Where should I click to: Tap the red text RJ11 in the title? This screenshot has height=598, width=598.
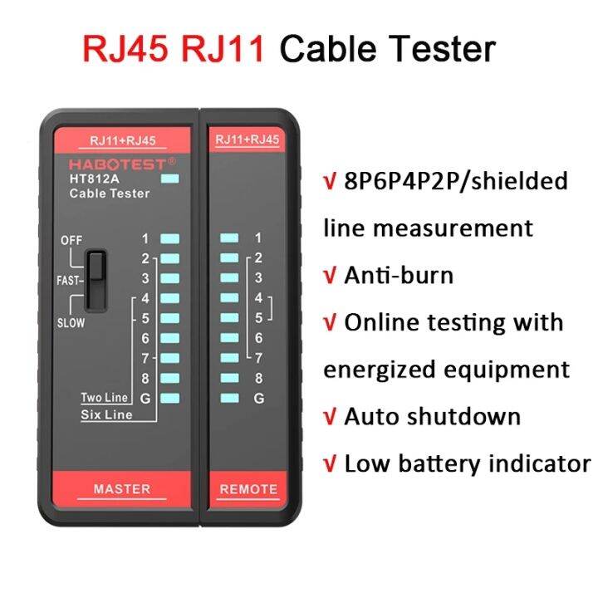click(222, 48)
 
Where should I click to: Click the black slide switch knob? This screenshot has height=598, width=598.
click(96, 267)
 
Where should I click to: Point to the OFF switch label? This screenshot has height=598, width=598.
click(71, 240)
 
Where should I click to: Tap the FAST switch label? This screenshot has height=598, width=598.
click(67, 281)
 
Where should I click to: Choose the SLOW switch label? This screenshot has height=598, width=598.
click(71, 323)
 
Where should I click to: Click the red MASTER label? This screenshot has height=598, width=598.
click(122, 488)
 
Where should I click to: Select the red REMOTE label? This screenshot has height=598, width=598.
click(247, 489)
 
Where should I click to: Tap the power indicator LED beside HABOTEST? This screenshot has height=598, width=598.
click(171, 178)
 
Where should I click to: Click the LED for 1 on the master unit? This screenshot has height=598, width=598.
click(170, 238)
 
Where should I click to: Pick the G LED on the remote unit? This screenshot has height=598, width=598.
click(229, 398)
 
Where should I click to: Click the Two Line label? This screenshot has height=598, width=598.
click(105, 398)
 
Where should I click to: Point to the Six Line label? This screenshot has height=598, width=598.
click(106, 414)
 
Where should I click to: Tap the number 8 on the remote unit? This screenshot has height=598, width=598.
click(258, 378)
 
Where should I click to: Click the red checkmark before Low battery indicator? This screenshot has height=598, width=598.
click(330, 463)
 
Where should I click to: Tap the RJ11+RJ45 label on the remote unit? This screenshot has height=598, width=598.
click(247, 140)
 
